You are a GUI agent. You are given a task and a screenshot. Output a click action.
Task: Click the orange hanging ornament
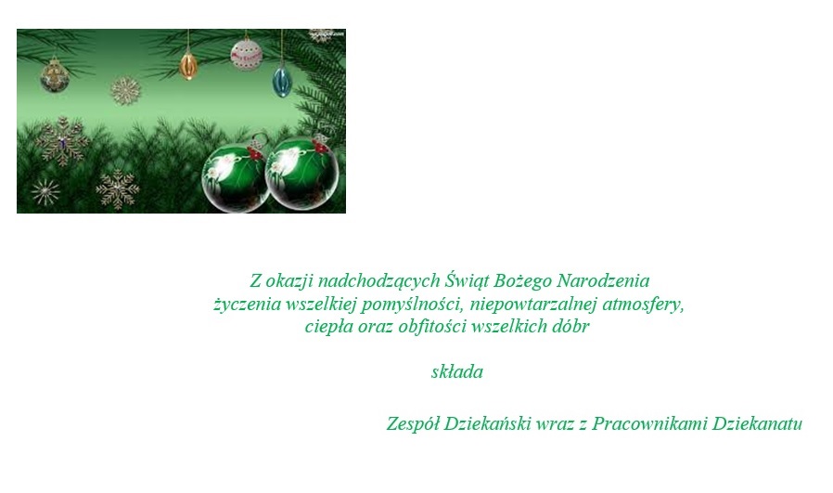pyautogui.click(x=188, y=66)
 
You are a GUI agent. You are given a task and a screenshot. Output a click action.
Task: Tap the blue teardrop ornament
pyautogui.click(x=281, y=81)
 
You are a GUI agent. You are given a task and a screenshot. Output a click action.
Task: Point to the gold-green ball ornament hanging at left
pyautogui.click(x=54, y=76)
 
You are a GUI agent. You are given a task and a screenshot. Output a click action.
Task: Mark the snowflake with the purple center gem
pyautogui.click(x=62, y=142)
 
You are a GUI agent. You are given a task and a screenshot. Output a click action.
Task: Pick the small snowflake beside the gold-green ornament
pyautogui.click(x=125, y=91)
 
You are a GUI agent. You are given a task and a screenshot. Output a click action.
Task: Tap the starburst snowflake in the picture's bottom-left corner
pyautogui.click(x=45, y=192)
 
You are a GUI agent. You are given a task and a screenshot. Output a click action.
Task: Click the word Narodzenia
pyautogui.click(x=607, y=280)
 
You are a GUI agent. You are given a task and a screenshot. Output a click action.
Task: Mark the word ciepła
pyautogui.click(x=327, y=327)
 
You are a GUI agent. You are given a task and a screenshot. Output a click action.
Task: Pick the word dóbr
pyautogui.click(x=570, y=327)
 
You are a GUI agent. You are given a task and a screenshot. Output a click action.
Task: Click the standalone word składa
pyautogui.click(x=457, y=373)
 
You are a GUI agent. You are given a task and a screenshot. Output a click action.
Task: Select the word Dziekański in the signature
pyautogui.click(x=488, y=424)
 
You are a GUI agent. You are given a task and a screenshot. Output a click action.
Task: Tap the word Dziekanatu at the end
pyautogui.click(x=756, y=424)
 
